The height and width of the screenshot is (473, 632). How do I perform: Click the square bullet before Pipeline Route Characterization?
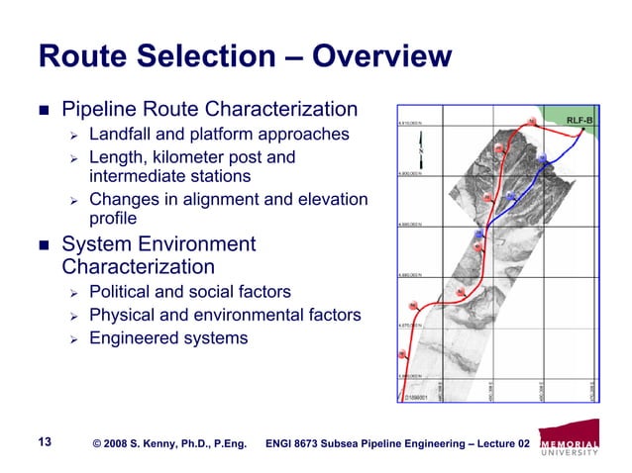(43, 108)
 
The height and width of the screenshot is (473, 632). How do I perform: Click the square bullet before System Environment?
(43, 244)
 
